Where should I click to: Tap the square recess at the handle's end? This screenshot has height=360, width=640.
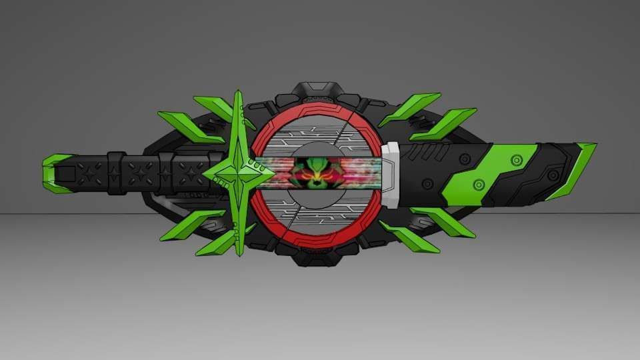66,174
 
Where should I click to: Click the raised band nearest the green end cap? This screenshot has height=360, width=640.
116,173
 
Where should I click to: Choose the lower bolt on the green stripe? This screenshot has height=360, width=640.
478,183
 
